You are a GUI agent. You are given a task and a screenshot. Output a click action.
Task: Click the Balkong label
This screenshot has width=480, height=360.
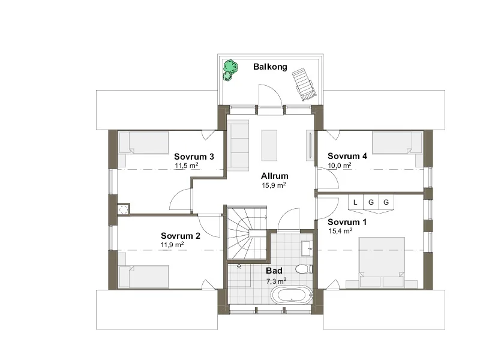[270, 67]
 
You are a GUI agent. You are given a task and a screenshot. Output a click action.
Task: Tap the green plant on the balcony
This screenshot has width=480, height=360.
[230, 70]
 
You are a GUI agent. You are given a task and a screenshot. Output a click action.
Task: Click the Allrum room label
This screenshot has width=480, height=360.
[275, 176]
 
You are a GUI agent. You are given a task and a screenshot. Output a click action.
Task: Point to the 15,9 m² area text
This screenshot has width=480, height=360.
[274, 185]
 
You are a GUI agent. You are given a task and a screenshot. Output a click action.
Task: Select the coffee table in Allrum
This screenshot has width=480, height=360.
[269, 145]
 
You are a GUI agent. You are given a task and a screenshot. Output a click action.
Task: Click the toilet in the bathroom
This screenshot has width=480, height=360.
[304, 269]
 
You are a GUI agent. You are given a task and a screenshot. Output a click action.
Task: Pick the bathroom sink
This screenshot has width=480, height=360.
[307, 248]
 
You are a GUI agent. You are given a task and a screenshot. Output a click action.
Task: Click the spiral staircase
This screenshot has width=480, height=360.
[247, 233]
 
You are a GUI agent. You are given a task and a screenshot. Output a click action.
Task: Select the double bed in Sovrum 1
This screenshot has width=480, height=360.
[382, 262]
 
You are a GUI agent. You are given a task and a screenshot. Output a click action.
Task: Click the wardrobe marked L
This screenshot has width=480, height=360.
[355, 202]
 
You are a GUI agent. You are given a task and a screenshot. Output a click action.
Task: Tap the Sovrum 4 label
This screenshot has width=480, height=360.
[347, 156]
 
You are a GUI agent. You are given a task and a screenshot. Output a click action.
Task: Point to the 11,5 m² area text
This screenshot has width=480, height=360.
[187, 166]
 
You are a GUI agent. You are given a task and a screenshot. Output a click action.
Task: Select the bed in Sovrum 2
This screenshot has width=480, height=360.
[144, 277]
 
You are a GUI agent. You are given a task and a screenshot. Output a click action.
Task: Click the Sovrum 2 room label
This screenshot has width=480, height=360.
[181, 236]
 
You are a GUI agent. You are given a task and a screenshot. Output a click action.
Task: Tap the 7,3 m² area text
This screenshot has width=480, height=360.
[276, 281]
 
